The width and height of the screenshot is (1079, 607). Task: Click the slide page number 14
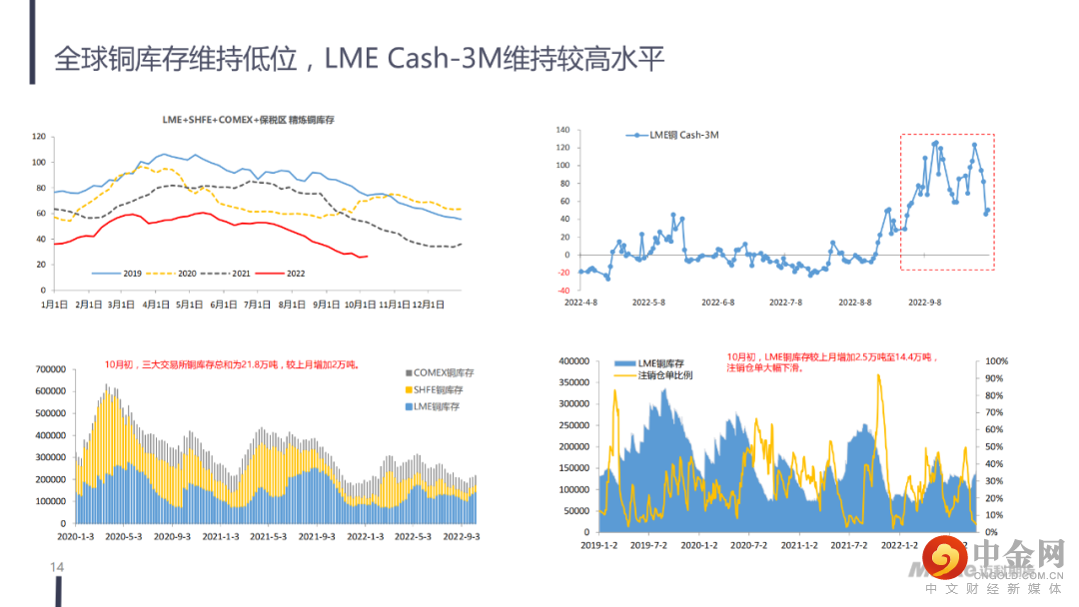point(57,568)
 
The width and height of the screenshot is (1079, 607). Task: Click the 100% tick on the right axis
point(996,361)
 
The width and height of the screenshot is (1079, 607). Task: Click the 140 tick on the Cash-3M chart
point(561,131)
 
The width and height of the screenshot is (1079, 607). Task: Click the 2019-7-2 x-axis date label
point(646,545)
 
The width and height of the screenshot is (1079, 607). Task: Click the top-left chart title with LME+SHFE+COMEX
point(249,120)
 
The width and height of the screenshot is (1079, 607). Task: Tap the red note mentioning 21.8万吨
point(232,365)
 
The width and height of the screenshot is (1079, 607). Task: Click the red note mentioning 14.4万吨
point(829,362)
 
